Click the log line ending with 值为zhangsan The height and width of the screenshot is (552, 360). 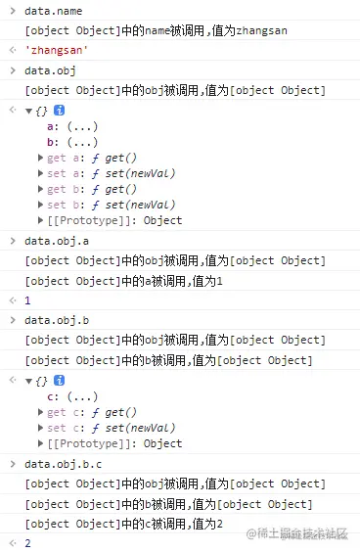(156, 31)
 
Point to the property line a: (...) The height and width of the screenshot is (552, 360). (68, 126)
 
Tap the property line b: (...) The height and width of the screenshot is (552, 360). (68, 142)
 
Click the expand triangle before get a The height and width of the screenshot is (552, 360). (40, 158)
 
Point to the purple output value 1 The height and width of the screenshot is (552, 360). (28, 300)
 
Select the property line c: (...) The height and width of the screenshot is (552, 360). (68, 396)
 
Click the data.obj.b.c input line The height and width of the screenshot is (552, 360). (63, 464)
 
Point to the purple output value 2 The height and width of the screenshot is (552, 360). (28, 542)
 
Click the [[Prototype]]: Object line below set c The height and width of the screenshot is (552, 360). (113, 443)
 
